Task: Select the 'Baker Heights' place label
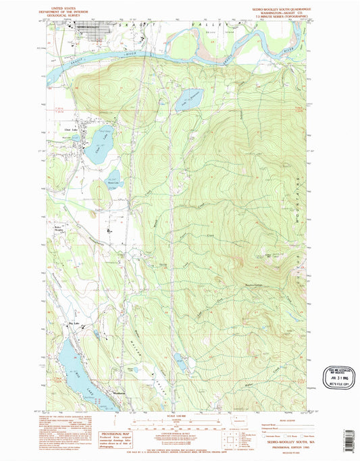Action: (x=60, y=228)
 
